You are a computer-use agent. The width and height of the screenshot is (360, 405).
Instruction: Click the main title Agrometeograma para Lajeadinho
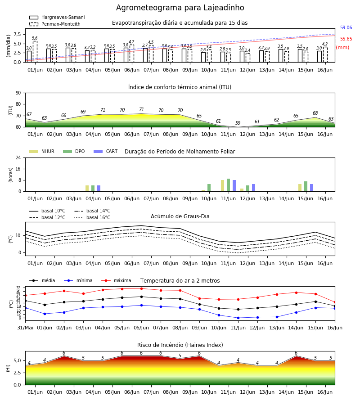pos(180,8)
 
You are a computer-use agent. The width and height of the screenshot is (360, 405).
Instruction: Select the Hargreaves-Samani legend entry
pos(57,17)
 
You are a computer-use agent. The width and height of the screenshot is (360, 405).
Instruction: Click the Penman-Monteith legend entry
pos(55,24)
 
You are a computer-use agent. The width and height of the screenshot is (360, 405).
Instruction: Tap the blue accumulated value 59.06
pos(346,27)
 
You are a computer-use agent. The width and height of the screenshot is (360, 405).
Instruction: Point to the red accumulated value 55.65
pos(346,39)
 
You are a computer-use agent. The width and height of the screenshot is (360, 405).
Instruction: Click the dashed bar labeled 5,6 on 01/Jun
pos(35,52)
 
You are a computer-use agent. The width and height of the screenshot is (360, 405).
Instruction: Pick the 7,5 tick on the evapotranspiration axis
pos(18,35)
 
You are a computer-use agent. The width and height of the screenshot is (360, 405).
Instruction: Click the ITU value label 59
pos(238,123)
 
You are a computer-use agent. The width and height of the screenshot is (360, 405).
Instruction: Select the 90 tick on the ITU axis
pos(18,93)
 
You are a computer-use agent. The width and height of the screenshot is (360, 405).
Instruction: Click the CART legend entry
pos(106,151)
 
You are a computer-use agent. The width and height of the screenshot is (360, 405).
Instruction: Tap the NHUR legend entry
pos(42,151)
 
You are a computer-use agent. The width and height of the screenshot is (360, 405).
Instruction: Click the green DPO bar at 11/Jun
pos(228,185)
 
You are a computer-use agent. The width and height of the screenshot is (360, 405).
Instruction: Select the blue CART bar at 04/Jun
pos(99,188)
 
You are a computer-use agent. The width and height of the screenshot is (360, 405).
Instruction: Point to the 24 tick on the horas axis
pos(18,157)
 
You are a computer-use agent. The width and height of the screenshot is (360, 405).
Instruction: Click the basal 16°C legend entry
pos(92,217)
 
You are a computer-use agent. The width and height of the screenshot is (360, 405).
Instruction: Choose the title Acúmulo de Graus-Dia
pos(180,216)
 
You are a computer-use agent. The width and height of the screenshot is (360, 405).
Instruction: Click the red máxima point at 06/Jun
pos(141,288)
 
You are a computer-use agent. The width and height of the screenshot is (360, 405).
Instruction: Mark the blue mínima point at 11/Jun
pos(238,318)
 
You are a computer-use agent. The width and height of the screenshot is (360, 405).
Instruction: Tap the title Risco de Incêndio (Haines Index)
pos(180,345)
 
